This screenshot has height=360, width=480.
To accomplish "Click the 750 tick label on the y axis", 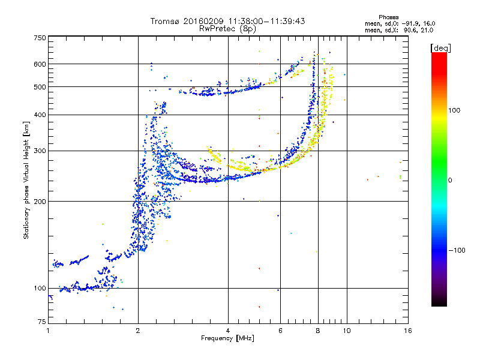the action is coord(40,38).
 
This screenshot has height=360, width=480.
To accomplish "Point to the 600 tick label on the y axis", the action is coord(40,64).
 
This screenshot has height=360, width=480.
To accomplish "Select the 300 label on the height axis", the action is coord(40,151).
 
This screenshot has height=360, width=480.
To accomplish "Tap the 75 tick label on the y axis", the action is coord(42,322).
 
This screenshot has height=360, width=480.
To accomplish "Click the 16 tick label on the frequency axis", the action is coord(408,331).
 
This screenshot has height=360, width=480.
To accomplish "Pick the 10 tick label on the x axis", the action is coord(347,331).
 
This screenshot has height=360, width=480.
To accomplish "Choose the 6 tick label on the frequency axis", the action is coord(280,331).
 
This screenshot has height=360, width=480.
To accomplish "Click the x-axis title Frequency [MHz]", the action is coord(227,338).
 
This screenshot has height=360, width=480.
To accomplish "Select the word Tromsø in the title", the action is coord(166,21).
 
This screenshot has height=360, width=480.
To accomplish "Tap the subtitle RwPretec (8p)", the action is coord(227,29).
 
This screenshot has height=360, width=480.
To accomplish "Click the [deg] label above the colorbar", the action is coord(440,48).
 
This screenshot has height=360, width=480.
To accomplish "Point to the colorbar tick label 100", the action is coord(454,110).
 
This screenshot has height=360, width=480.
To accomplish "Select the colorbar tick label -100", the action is coord(457,250).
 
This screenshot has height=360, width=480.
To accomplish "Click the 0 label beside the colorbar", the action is coord(450,181).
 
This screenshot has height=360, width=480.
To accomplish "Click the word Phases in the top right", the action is coord(388,17).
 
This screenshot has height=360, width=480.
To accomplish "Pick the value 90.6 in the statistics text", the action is coord(410,31).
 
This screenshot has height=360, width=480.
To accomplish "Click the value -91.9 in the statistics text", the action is coord(411,23).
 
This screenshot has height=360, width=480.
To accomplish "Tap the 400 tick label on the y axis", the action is coord(40,115).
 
